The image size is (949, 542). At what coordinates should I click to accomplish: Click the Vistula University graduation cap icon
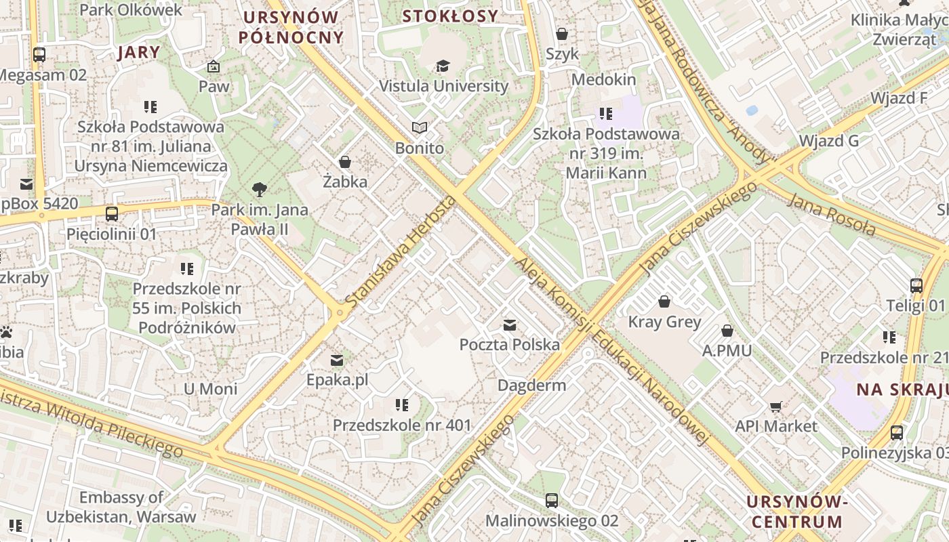(x=443, y=66)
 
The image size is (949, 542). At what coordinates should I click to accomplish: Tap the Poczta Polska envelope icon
(x=509, y=325)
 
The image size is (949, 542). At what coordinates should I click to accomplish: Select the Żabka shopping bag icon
(x=345, y=162)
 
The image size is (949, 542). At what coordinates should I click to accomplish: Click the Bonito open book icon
(x=420, y=127)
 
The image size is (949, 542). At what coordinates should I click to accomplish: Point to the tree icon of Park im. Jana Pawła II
(x=259, y=190)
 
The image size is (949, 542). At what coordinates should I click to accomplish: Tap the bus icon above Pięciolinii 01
(x=112, y=214)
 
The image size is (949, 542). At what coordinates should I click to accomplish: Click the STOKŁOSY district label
(x=450, y=16)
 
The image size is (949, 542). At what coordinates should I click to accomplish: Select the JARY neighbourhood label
(x=139, y=52)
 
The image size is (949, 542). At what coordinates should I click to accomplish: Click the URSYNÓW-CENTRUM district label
(x=797, y=512)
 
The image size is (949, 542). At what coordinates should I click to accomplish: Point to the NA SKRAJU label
(x=902, y=390)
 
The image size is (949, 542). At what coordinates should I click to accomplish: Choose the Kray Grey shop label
(x=664, y=321)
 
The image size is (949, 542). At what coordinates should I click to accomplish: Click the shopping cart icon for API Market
(x=776, y=406)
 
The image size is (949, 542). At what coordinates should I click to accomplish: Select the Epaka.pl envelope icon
(x=337, y=360)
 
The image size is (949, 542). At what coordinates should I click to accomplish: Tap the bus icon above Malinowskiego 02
(x=552, y=501)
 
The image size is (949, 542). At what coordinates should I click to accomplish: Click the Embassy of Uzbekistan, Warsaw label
(x=121, y=507)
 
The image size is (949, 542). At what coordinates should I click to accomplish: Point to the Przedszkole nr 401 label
(x=401, y=425)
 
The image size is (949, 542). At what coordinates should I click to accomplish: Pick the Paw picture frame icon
(x=214, y=66)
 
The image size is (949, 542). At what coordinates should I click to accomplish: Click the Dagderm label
(x=531, y=385)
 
